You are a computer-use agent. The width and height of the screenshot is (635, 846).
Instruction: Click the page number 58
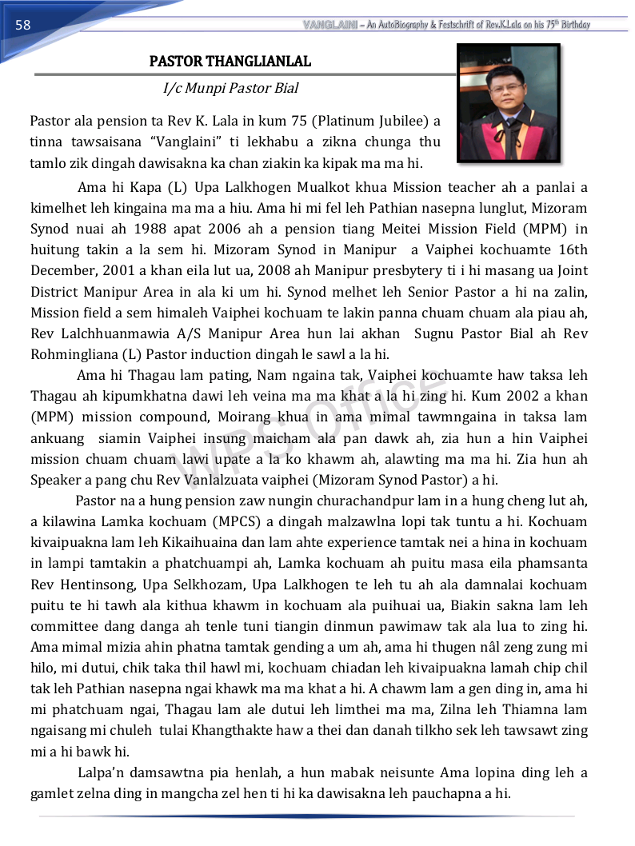click(22, 25)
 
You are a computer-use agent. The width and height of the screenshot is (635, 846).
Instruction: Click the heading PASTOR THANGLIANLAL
click(230, 62)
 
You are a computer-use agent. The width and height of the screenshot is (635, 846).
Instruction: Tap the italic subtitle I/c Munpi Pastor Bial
click(230, 88)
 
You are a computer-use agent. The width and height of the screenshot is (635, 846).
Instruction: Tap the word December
click(65, 271)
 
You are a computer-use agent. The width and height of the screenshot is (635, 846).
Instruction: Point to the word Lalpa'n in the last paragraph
click(102, 772)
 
